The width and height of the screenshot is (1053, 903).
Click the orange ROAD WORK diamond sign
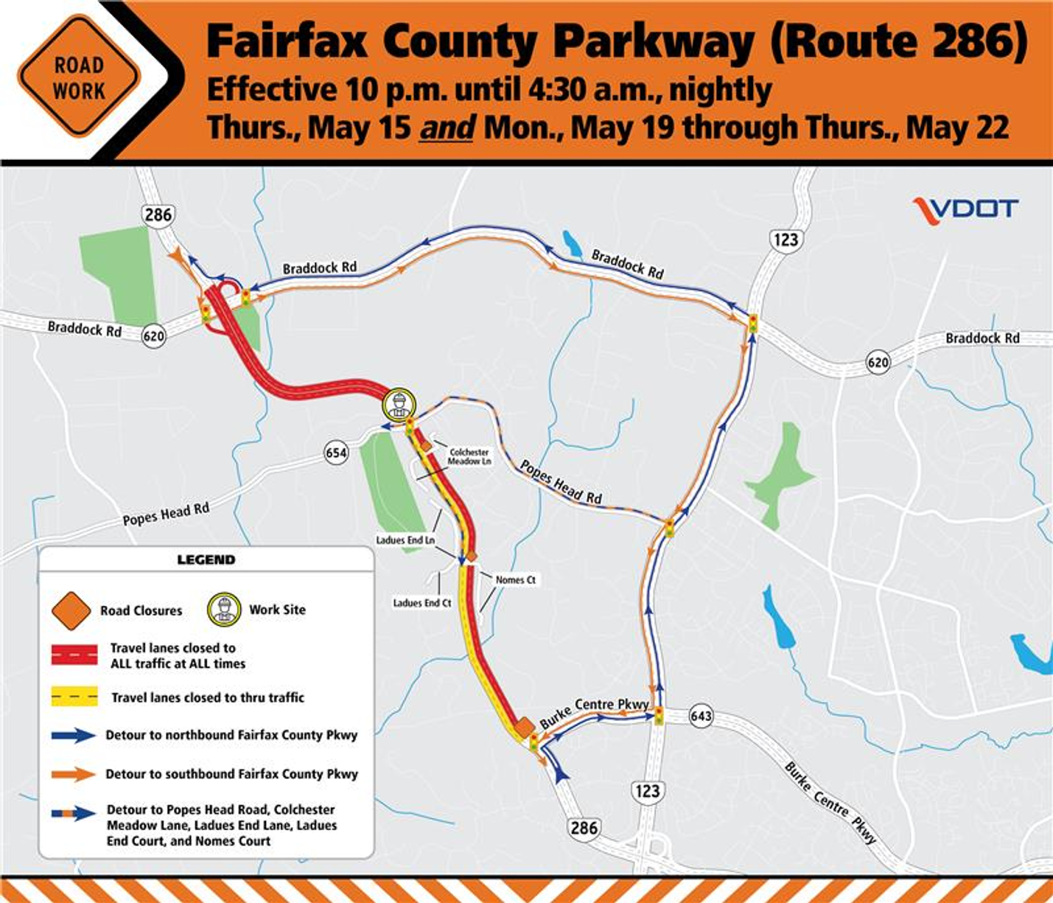click(x=78, y=77)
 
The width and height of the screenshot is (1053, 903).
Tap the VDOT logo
click(x=965, y=210)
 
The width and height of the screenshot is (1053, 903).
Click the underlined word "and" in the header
click(x=447, y=128)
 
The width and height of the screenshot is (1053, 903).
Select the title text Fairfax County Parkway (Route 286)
click(x=616, y=41)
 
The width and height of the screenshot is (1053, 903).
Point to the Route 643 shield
click(x=701, y=716)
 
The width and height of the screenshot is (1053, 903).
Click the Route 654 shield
click(x=336, y=452)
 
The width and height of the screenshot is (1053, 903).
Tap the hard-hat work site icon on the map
click(x=399, y=405)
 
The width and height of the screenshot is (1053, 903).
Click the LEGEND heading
click(x=206, y=559)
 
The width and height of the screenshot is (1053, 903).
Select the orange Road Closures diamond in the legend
click(x=71, y=610)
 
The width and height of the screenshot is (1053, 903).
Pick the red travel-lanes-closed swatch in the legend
click(x=74, y=655)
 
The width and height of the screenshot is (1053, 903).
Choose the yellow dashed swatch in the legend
click(x=74, y=697)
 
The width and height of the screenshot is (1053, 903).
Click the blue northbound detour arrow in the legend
click(x=74, y=735)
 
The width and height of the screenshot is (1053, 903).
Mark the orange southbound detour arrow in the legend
click(x=74, y=774)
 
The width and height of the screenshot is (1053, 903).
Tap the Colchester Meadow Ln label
click(x=469, y=456)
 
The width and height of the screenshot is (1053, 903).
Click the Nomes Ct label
click(x=515, y=580)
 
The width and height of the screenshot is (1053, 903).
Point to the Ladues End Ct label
click(x=421, y=603)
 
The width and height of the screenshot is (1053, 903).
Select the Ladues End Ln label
click(x=405, y=540)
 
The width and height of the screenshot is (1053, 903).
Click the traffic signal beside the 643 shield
click(x=659, y=715)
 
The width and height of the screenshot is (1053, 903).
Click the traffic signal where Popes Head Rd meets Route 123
click(x=669, y=528)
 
